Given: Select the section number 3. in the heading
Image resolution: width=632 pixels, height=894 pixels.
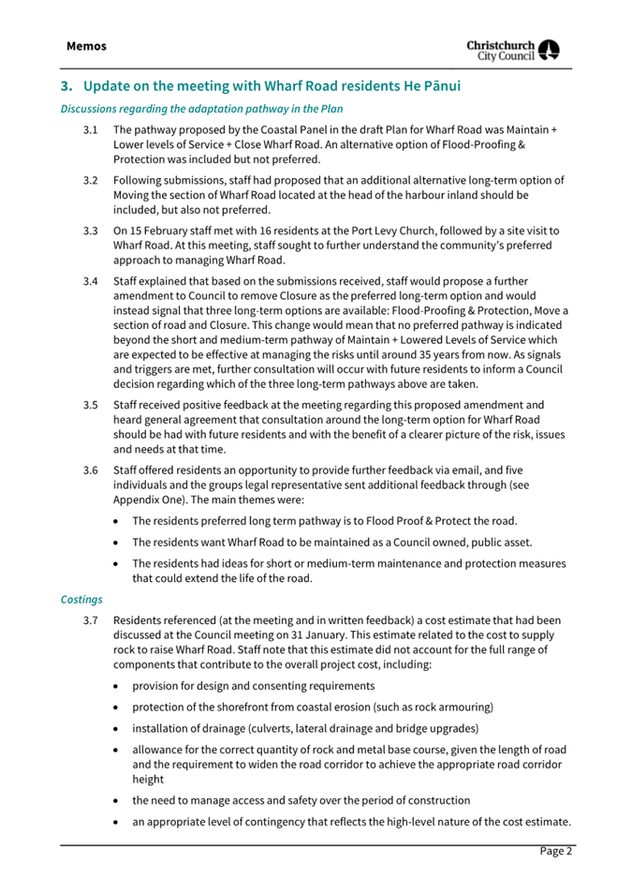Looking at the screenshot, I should pos(66,86).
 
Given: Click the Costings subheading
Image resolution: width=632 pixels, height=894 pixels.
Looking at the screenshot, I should pos(81,597).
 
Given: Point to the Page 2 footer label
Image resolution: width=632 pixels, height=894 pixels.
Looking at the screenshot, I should pos(555,852).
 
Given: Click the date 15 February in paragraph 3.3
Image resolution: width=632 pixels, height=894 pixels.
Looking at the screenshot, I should pos(166,230).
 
